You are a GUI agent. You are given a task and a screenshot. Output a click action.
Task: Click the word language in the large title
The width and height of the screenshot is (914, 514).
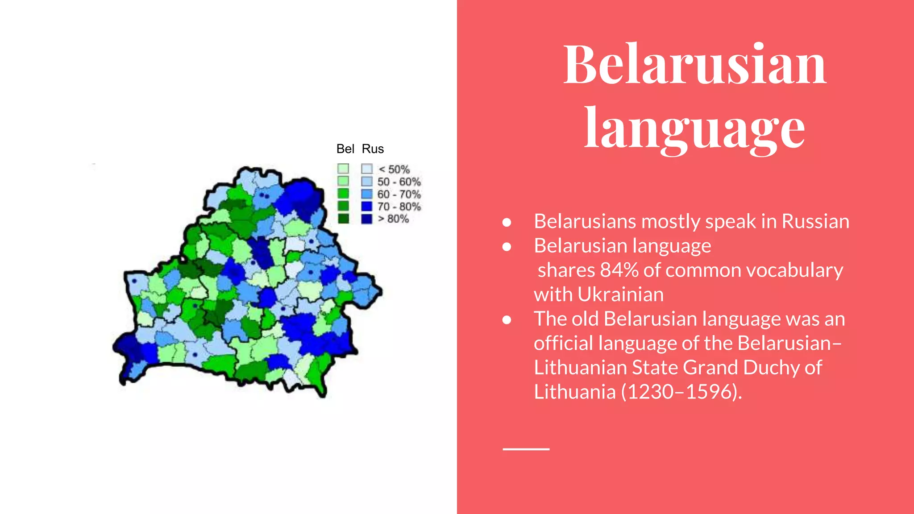(x=694, y=129)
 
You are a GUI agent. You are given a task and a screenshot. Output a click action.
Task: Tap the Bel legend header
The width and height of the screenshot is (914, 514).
(x=345, y=149)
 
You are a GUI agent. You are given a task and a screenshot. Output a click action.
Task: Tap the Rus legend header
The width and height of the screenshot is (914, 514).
(x=373, y=149)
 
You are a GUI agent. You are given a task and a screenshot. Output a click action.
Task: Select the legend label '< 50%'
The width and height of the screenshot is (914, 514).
(x=394, y=170)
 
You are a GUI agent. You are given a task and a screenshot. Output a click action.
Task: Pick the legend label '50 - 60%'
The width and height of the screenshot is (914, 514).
(x=399, y=182)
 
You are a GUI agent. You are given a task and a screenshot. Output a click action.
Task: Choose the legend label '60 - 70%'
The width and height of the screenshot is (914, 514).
(x=399, y=195)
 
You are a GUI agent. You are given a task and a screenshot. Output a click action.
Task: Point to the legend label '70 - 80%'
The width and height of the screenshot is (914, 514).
(x=399, y=207)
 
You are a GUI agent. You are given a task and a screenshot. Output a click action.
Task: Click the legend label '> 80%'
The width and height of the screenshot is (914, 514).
(x=394, y=219)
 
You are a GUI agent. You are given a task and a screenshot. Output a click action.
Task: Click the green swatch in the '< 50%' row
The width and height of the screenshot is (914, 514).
(x=343, y=169)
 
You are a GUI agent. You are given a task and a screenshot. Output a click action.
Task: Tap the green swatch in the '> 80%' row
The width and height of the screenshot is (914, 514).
(x=343, y=219)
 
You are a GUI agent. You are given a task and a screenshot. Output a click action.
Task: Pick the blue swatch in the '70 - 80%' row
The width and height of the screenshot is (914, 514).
(x=367, y=207)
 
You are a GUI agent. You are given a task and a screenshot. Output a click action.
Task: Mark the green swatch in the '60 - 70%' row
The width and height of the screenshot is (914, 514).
(x=343, y=194)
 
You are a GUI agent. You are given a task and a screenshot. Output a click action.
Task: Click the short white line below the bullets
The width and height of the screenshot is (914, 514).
(x=526, y=449)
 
